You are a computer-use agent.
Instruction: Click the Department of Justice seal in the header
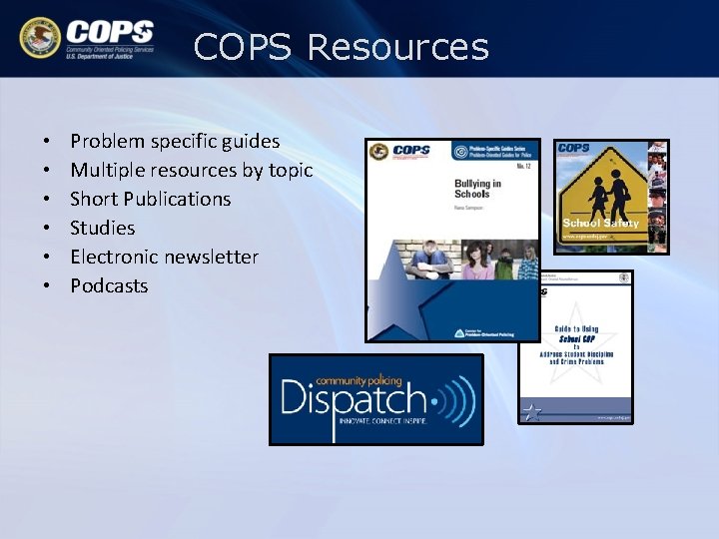[40, 37]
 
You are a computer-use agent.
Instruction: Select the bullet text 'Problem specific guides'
[175, 141]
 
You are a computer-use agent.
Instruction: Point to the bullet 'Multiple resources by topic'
[191, 170]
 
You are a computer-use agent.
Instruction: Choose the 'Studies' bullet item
[102, 228]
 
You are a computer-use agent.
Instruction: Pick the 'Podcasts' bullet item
[109, 285]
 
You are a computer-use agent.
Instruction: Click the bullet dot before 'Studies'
[47, 229]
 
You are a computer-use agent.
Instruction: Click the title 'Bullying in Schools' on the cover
[477, 189]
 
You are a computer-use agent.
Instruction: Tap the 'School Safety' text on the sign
[600, 224]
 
